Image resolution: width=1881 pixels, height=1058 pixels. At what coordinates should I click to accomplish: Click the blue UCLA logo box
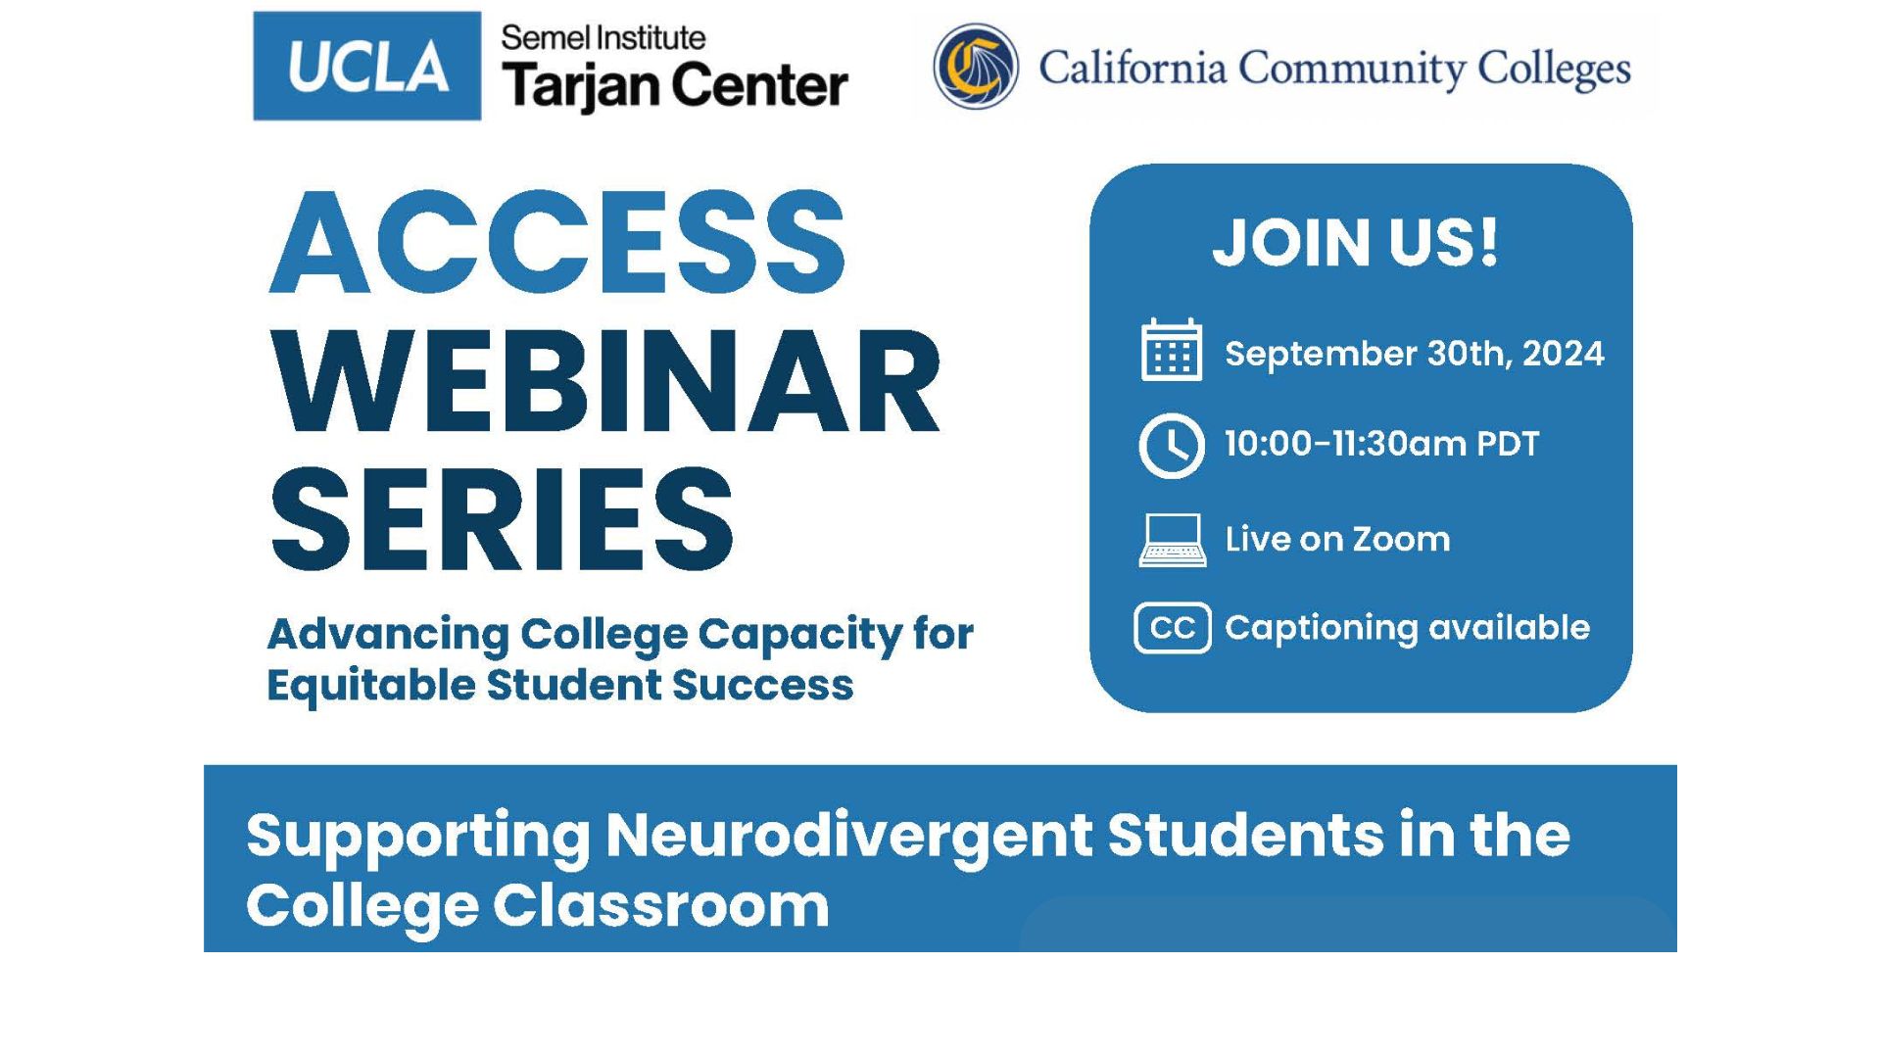click(x=367, y=66)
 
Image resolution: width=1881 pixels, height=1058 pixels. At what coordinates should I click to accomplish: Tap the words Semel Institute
click(x=603, y=38)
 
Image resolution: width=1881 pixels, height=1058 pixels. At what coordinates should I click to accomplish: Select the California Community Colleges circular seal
click(x=976, y=67)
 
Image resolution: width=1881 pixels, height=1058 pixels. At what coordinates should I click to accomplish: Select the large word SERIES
click(x=502, y=518)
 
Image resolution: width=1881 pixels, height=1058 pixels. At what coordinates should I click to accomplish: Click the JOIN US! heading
click(x=1356, y=242)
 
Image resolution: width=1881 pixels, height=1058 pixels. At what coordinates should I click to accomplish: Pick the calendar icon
click(x=1172, y=350)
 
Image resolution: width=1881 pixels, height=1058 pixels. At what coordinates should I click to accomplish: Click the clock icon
click(x=1172, y=446)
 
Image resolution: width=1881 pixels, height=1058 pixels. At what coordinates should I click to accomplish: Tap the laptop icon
click(x=1172, y=540)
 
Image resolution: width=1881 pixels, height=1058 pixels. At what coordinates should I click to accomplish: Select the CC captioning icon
click(x=1173, y=628)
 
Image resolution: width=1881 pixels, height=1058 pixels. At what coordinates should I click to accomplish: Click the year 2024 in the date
click(x=1564, y=353)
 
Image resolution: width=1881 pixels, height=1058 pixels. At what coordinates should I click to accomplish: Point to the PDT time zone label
click(x=1508, y=444)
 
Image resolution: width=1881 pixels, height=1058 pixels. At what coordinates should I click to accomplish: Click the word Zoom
click(x=1401, y=540)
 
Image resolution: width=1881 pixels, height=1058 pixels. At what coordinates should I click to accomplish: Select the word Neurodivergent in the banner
click(x=848, y=836)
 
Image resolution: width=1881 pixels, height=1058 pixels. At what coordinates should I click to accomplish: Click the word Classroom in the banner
click(x=661, y=905)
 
